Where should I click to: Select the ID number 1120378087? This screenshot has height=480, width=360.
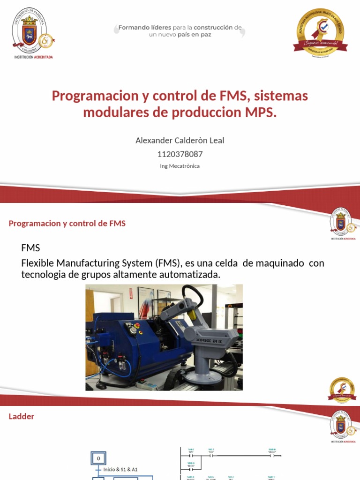pyautogui.click(x=180, y=154)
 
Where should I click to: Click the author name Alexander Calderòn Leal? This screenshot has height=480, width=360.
pyautogui.click(x=180, y=140)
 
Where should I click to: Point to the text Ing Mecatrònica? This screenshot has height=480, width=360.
pyautogui.click(x=180, y=166)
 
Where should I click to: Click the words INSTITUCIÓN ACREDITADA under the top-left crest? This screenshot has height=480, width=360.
pyautogui.click(x=33, y=57)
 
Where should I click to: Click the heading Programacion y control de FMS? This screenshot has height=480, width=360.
pyautogui.click(x=67, y=224)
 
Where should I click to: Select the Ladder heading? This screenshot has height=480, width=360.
pyautogui.click(x=22, y=416)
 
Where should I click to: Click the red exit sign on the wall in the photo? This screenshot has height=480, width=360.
pyautogui.click(x=132, y=293)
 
